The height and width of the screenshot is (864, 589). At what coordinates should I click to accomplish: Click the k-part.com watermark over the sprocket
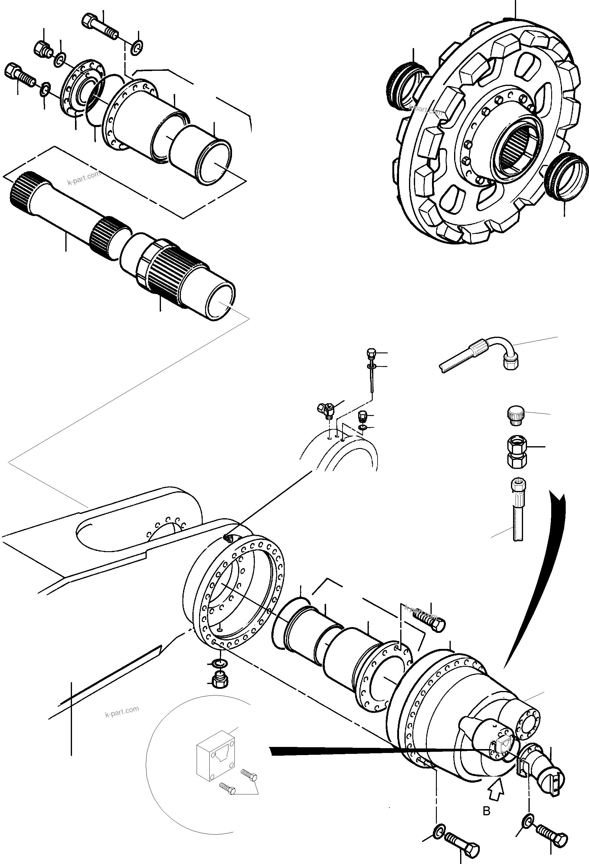tap(425, 110)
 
